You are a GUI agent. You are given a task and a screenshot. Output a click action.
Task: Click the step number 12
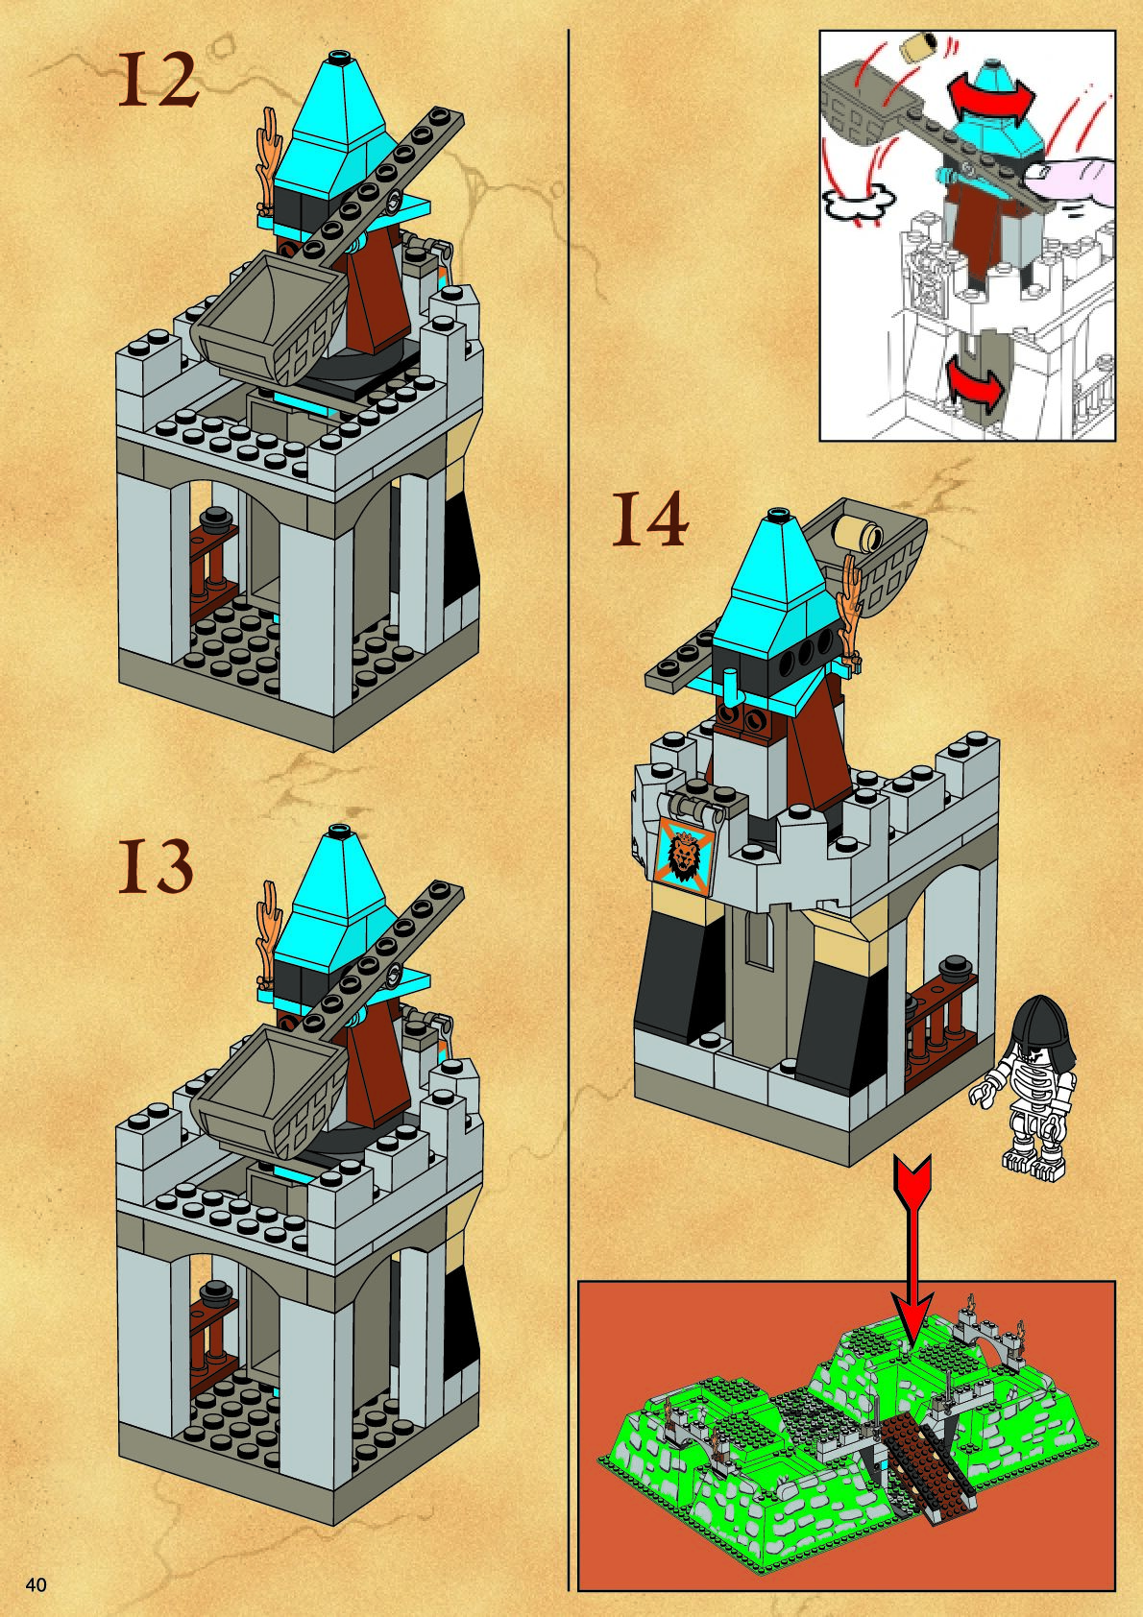[x=158, y=80]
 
